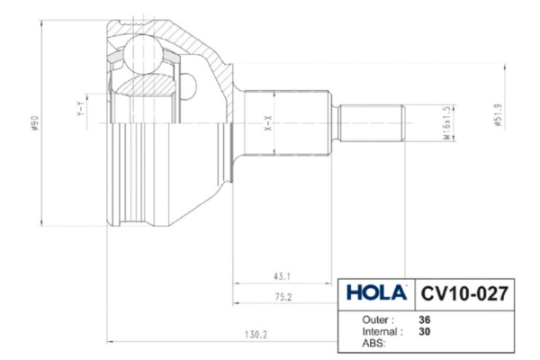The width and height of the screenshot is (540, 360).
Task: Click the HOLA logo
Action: tap(376, 293)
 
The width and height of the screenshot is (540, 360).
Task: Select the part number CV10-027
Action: tap(464, 294)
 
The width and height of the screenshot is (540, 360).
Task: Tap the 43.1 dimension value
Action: tap(282, 276)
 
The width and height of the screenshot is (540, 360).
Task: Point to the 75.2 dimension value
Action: tap(283, 297)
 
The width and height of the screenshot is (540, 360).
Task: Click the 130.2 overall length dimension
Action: tap(256, 335)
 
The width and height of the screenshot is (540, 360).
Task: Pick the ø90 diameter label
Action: tap(35, 123)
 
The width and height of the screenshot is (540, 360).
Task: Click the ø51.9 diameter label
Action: tap(498, 115)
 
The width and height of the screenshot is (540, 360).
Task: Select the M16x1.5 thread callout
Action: tap(446, 122)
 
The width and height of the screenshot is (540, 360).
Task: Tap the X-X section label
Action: tap(268, 123)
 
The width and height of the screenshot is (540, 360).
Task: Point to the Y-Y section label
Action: tap(80, 108)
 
